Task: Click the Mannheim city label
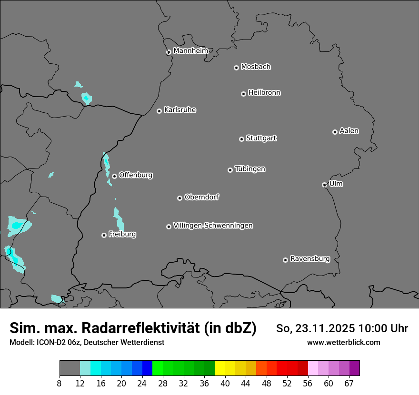tap(190, 50)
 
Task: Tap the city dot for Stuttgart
tap(241, 139)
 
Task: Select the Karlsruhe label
tap(180, 110)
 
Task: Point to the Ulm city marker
tap(324, 185)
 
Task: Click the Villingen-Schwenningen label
tap(213, 226)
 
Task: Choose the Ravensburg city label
tap(310, 259)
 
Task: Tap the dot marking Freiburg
tap(104, 235)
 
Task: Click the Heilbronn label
tap(264, 93)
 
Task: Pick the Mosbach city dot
tap(236, 68)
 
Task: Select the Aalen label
tap(349, 131)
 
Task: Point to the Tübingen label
tap(250, 169)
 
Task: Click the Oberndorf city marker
tap(180, 198)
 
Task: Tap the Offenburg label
tap(136, 175)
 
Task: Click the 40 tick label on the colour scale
tap(225, 384)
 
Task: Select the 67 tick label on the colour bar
tap(349, 384)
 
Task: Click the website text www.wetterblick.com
tap(344, 343)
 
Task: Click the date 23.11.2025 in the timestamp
tap(325, 328)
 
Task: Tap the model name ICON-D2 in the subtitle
tap(49, 343)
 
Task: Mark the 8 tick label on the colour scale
tap(60, 384)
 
